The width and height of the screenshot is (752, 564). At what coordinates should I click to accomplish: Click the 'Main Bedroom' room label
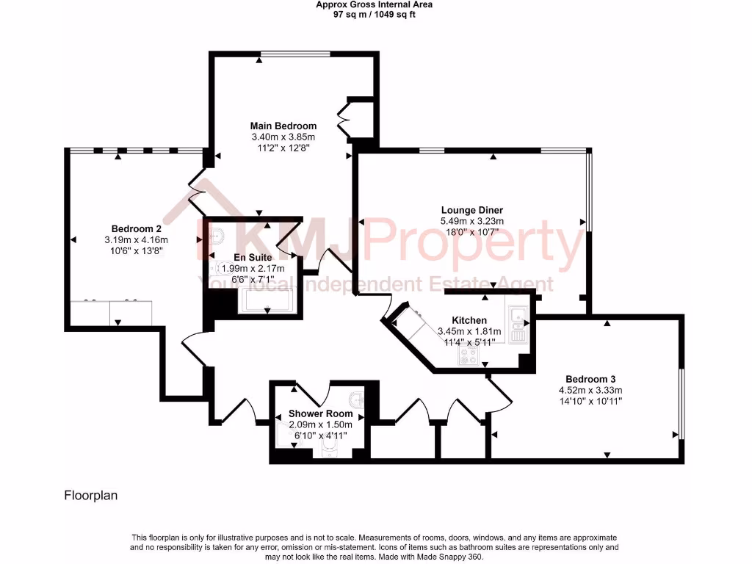(x=283, y=126)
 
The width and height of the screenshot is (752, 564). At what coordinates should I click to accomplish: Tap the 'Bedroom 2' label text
(x=136, y=228)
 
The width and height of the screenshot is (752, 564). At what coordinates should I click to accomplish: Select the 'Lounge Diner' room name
(x=471, y=210)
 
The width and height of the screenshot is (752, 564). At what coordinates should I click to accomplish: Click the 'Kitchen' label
(x=469, y=320)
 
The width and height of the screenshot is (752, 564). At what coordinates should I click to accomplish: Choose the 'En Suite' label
(x=253, y=258)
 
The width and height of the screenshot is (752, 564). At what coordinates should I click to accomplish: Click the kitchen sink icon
(x=518, y=324)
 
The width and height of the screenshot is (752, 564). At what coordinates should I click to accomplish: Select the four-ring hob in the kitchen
(x=469, y=355)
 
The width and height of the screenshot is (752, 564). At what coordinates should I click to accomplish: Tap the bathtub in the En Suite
(x=267, y=302)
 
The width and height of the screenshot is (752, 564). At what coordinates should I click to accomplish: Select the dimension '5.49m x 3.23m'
(x=471, y=221)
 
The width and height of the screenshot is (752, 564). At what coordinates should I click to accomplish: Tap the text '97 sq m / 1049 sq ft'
(x=374, y=14)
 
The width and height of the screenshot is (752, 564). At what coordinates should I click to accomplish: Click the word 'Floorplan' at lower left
(x=90, y=496)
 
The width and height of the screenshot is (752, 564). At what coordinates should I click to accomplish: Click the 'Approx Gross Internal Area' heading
(x=374, y=4)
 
